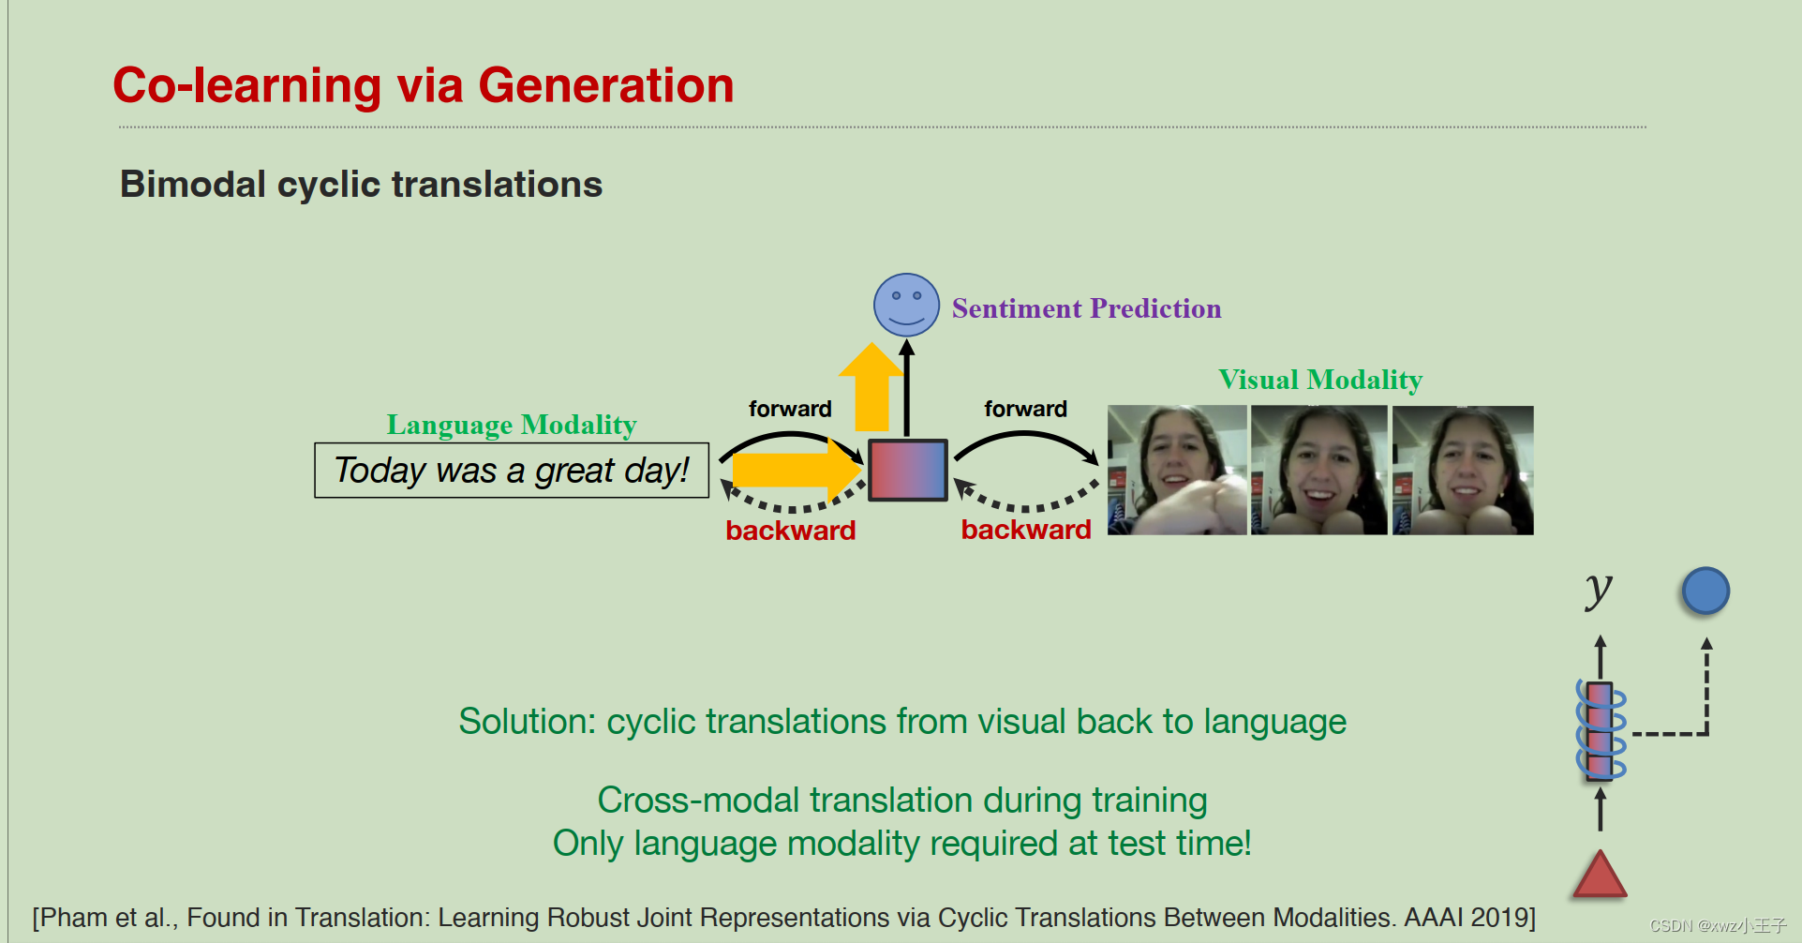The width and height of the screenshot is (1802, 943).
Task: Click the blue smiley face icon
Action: (906, 306)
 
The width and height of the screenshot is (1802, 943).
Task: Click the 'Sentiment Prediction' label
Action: (1086, 308)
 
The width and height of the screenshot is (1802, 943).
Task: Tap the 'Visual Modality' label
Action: (1319, 380)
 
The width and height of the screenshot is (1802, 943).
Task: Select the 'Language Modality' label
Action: (512, 425)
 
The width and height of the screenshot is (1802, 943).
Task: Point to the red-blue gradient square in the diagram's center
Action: (907, 470)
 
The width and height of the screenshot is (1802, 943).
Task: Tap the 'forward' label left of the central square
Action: (790, 409)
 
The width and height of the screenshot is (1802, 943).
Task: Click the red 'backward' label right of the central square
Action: (1026, 530)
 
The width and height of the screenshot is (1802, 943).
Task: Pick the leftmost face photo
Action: (1177, 471)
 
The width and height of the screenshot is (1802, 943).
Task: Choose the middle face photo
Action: (1318, 471)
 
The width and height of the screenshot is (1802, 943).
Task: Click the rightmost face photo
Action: (1463, 471)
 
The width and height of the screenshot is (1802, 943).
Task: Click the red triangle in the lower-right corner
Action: (1600, 876)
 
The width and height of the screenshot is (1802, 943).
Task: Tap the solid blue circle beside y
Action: (1705, 591)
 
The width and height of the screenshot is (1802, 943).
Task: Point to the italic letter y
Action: (1599, 590)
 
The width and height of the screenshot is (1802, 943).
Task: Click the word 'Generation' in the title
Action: (605, 85)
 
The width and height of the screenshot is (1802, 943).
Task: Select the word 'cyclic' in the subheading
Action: (329, 185)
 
